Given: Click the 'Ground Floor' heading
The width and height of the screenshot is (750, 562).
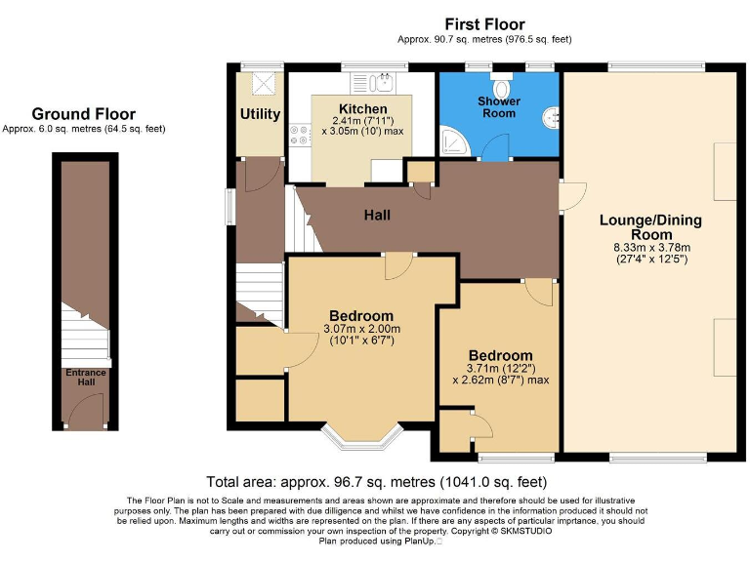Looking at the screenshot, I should (x=83, y=114).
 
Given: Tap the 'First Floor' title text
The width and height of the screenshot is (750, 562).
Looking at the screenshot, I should (x=484, y=24).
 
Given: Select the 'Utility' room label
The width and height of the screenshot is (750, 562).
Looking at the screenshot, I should (x=260, y=114).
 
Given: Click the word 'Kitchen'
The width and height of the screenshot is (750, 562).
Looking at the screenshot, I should (x=362, y=108).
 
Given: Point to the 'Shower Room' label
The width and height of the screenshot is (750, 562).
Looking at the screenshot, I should (x=499, y=106).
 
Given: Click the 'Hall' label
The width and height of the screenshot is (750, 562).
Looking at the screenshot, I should (x=377, y=214).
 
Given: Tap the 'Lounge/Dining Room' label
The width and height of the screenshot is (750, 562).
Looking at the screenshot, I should (x=650, y=227).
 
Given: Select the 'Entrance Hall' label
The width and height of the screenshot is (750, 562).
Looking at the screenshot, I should (x=86, y=378).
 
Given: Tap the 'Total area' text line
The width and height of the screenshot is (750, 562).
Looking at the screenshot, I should (x=376, y=482).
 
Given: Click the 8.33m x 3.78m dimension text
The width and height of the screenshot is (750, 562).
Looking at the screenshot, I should (x=650, y=248).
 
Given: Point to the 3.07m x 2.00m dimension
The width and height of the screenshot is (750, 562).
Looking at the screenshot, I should (x=360, y=329).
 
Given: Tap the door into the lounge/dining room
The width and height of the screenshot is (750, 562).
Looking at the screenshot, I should (x=572, y=196).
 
